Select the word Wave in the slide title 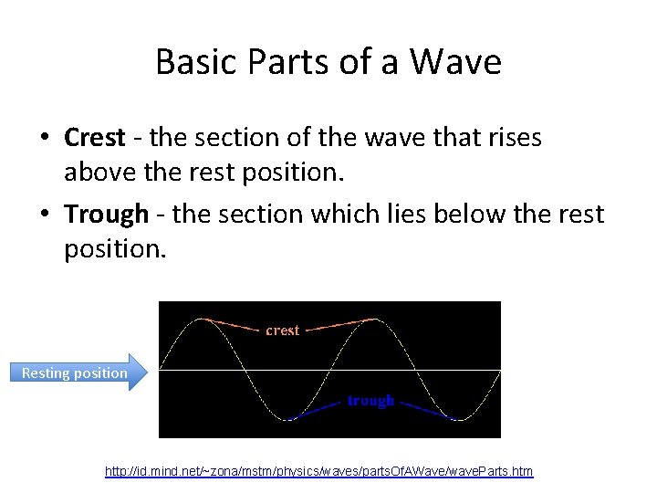(x=455, y=62)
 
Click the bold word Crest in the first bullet (x=94, y=138)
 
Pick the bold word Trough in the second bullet (x=106, y=215)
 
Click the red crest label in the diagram (x=282, y=330)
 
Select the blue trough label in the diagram (x=370, y=401)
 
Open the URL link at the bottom (x=318, y=471)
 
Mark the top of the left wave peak (x=202, y=320)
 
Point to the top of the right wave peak (x=372, y=320)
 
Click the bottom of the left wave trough (x=287, y=419)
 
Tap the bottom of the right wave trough (x=458, y=419)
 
